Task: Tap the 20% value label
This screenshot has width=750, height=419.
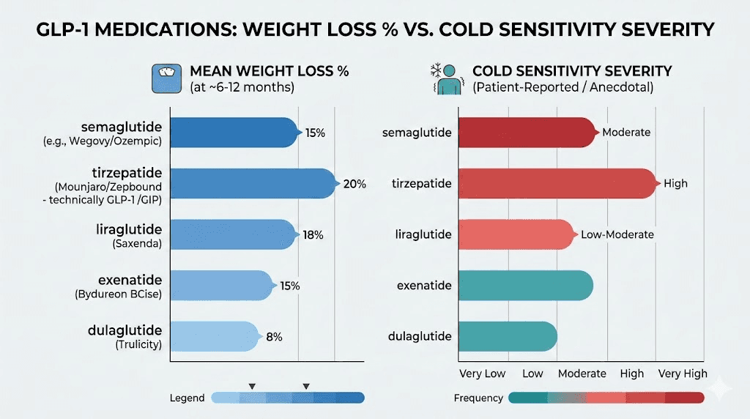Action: tap(354, 184)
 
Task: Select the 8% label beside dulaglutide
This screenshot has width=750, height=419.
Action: tap(274, 336)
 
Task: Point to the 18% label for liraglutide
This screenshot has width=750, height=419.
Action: tap(313, 235)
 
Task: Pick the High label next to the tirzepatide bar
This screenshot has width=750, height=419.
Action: tap(675, 183)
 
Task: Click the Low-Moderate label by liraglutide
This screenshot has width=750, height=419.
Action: tap(617, 234)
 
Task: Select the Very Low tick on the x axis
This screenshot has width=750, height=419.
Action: tap(482, 374)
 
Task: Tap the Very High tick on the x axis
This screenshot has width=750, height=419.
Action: tap(683, 374)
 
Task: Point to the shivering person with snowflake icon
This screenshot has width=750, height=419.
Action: tap(444, 78)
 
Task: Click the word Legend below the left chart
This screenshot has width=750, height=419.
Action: tap(187, 398)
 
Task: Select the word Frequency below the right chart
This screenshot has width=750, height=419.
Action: tap(478, 398)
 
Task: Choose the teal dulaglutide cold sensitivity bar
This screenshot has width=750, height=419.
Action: tap(507, 336)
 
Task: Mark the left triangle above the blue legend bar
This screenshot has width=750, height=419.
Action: tap(252, 386)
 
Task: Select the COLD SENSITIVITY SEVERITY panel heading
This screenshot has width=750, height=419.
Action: tap(572, 71)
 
